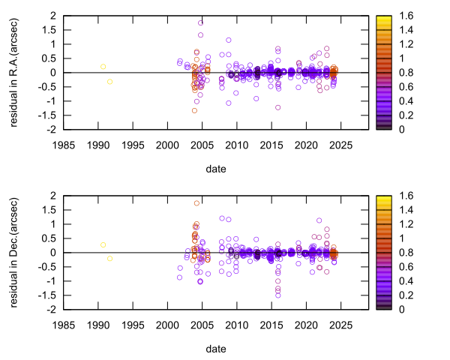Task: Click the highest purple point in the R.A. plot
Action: point(201,22)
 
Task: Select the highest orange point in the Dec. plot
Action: point(197,203)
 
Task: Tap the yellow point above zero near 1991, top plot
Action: point(103,67)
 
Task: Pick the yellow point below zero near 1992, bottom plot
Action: point(109,259)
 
